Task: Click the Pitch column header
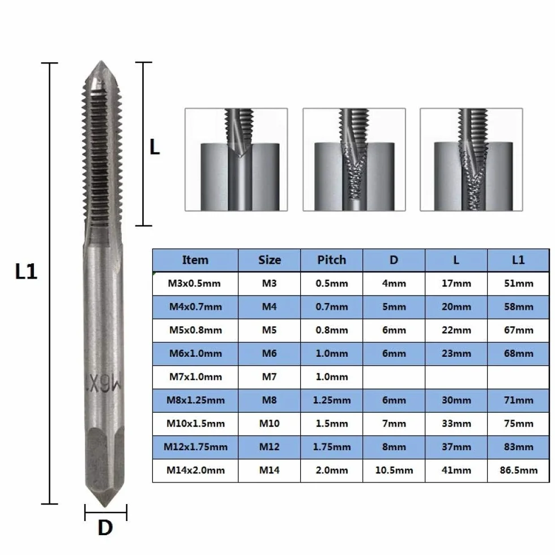pyautogui.click(x=331, y=260)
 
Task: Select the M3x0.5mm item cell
pyautogui.click(x=195, y=284)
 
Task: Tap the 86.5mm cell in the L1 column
pyautogui.click(x=519, y=471)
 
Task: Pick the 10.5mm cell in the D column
pyautogui.click(x=394, y=471)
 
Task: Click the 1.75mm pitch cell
pyautogui.click(x=331, y=447)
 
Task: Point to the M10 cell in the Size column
pyautogui.click(x=270, y=424)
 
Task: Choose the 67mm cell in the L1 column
pyautogui.click(x=519, y=330)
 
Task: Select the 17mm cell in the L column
pyautogui.click(x=456, y=284)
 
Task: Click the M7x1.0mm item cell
pyautogui.click(x=195, y=377)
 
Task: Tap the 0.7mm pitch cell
pyautogui.click(x=331, y=307)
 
